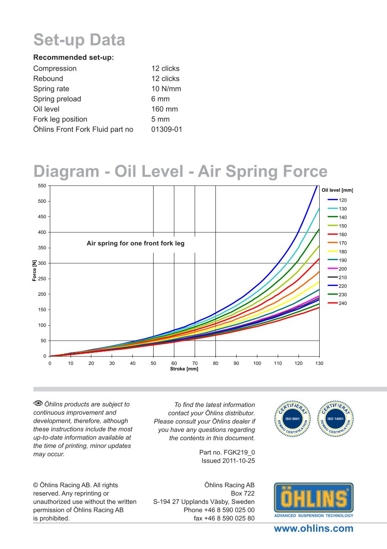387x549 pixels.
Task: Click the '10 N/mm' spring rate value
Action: click(x=166, y=89)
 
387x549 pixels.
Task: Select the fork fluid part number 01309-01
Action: click(x=167, y=129)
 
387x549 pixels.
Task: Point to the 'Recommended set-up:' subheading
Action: click(x=73, y=58)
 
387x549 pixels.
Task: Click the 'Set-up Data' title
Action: click(x=79, y=40)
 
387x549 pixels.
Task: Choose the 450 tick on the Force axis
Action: click(x=42, y=216)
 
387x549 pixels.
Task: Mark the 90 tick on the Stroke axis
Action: click(x=236, y=363)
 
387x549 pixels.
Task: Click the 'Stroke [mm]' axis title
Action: click(x=184, y=369)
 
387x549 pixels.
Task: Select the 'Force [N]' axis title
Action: click(x=35, y=271)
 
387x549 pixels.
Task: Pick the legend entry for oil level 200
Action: click(x=337, y=269)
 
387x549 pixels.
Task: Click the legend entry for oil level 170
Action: click(x=337, y=243)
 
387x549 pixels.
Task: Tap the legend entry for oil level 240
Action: click(x=337, y=303)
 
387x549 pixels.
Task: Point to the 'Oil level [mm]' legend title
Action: click(x=337, y=190)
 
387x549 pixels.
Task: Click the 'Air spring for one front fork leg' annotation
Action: click(x=135, y=243)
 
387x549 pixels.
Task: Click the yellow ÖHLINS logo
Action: click(x=314, y=498)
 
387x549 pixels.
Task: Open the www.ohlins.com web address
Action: click(x=314, y=529)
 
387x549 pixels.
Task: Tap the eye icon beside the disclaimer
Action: click(x=38, y=404)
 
